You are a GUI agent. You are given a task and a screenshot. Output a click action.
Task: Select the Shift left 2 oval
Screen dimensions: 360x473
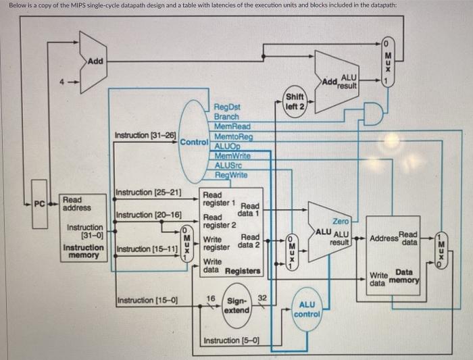[295, 102]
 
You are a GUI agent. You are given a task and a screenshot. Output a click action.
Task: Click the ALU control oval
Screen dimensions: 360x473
[307, 310]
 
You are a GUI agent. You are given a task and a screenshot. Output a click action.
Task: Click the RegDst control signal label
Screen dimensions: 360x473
[228, 107]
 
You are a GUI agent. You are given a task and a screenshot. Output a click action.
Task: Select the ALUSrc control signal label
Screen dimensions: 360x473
[228, 166]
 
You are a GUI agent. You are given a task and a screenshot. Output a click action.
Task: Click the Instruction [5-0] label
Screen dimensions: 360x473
[231, 340]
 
